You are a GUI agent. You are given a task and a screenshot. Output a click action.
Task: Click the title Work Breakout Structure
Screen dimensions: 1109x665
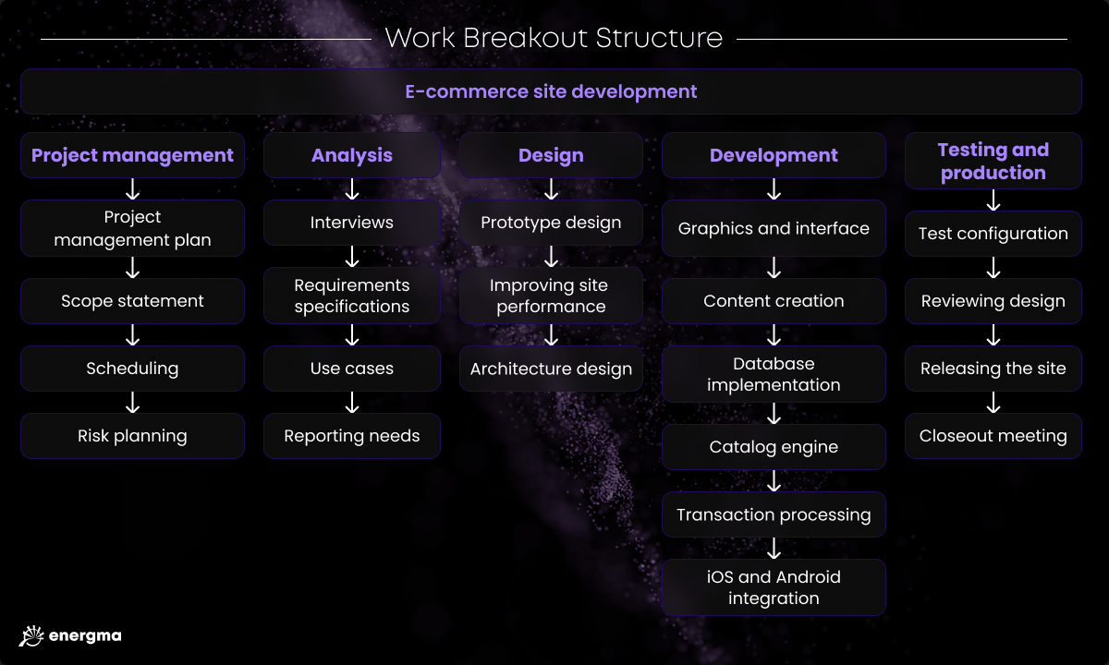click(x=554, y=38)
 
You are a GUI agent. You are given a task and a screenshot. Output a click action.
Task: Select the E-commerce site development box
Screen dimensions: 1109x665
click(x=551, y=91)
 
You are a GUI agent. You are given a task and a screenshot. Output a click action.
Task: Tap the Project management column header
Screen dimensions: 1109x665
click(x=132, y=155)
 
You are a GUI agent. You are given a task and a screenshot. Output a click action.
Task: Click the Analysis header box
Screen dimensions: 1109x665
click(x=352, y=155)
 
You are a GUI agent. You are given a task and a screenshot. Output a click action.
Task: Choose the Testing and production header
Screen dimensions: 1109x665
click(x=993, y=161)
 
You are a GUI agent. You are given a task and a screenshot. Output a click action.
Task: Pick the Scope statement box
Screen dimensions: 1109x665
click(x=132, y=301)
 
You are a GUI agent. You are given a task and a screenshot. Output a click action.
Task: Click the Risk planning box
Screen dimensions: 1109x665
click(x=132, y=436)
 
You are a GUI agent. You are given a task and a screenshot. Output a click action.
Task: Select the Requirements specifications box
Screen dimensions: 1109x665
click(x=352, y=296)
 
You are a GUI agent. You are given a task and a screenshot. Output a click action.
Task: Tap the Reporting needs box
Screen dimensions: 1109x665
click(x=352, y=436)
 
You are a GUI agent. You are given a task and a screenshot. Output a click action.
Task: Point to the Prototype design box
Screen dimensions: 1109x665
click(x=551, y=223)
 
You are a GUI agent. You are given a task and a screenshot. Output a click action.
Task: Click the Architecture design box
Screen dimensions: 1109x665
click(x=551, y=369)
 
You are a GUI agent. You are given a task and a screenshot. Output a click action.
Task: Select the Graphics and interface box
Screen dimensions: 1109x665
click(x=774, y=228)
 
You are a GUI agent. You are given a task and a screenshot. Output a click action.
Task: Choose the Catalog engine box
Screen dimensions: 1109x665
click(x=774, y=447)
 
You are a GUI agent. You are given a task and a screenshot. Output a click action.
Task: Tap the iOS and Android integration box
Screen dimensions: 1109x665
click(x=774, y=587)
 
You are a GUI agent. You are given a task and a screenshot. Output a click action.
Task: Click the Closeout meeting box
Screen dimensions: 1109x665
click(x=993, y=436)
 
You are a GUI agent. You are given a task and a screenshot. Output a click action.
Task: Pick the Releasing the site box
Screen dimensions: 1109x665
click(x=993, y=369)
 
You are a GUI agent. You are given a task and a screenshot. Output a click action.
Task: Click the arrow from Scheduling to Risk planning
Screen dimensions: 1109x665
click(x=132, y=403)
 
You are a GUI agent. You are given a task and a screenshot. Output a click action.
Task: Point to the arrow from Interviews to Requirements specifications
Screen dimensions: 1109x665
click(x=352, y=257)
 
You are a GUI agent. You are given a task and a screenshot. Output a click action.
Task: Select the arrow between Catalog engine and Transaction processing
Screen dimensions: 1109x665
click(x=774, y=480)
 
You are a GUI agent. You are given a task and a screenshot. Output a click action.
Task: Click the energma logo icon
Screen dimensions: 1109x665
click(x=31, y=635)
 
